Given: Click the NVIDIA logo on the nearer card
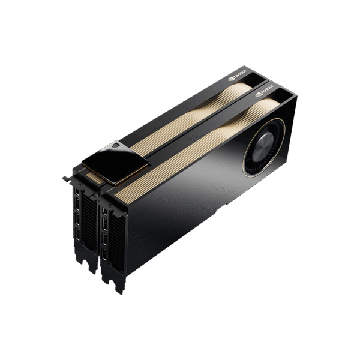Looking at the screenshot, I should [265, 93].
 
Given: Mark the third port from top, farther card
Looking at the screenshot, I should [78, 226].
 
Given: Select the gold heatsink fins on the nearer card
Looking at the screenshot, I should [198, 144].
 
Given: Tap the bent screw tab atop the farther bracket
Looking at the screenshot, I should [65, 178].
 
